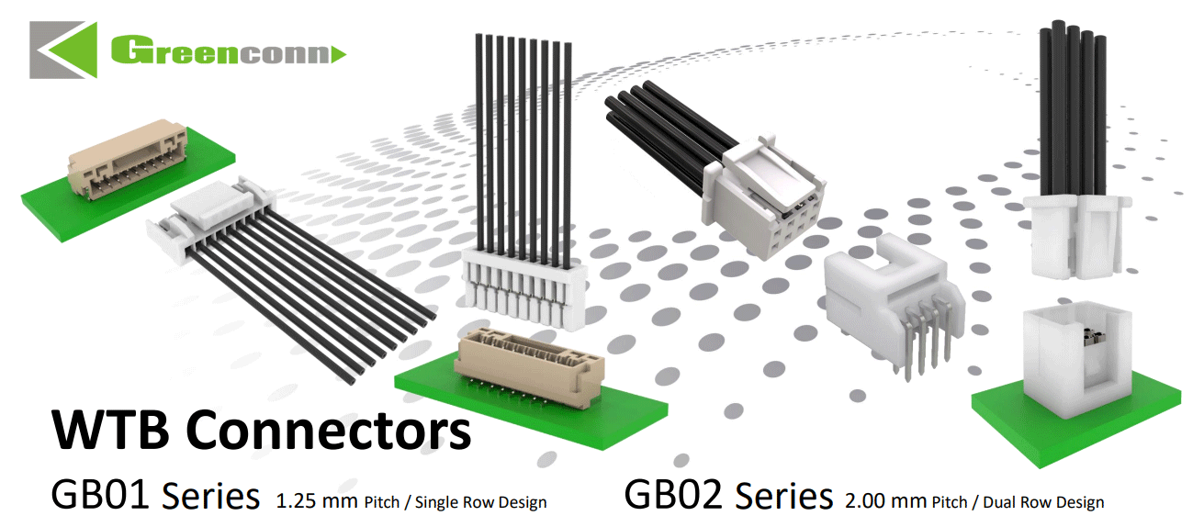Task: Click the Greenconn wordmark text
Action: coord(221,50)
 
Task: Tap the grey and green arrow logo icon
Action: coord(63,50)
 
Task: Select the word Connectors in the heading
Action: coord(329,431)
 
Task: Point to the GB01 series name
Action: coord(100,495)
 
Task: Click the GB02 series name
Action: coord(673,495)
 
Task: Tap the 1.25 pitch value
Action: coord(296,501)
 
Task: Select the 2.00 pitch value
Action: coord(865,501)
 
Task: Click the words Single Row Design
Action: coord(481,502)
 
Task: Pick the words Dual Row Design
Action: coord(1044,502)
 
